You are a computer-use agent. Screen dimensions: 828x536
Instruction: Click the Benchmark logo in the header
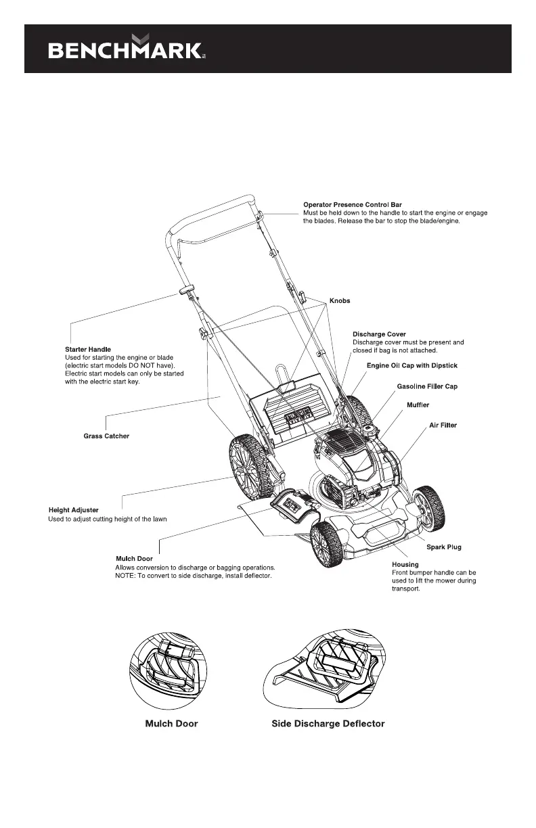125,49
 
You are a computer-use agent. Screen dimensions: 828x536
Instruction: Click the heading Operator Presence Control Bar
353,204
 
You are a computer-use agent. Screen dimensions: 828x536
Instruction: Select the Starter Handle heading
87,349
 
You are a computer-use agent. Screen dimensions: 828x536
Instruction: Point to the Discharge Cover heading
379,334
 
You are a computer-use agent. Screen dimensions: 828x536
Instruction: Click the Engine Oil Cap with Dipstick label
412,365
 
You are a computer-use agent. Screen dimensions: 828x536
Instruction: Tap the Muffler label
418,405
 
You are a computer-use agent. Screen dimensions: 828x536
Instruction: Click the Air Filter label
443,425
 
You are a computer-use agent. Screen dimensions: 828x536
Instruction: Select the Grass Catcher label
106,436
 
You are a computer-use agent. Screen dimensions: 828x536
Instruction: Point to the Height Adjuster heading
74,509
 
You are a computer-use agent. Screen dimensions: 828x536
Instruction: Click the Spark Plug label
444,547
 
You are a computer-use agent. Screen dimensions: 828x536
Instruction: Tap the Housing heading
405,564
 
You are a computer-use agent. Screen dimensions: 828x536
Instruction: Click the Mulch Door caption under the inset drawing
172,724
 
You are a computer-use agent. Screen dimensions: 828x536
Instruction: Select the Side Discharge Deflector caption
328,724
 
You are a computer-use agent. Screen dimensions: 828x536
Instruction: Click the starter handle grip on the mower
186,290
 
